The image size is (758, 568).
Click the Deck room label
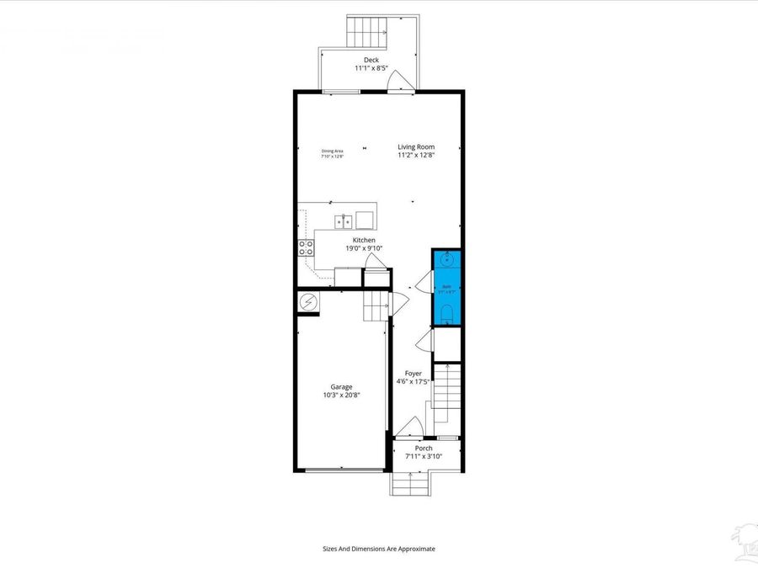(x=371, y=60)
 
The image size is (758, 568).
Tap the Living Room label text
(x=416, y=146)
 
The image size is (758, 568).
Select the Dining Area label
(x=333, y=151)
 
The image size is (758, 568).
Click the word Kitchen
(x=364, y=241)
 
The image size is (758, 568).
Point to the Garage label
(x=341, y=387)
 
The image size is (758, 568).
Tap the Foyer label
(x=413, y=374)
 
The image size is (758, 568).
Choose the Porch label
(x=423, y=449)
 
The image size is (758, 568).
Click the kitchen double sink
(x=344, y=221)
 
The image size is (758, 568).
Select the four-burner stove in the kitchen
(x=306, y=247)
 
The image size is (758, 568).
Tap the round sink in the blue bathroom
(x=446, y=260)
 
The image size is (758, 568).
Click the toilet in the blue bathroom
(x=446, y=315)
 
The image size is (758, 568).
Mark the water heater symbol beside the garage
(x=308, y=302)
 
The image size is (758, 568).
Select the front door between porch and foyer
(x=410, y=427)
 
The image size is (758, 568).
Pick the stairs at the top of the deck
(x=366, y=32)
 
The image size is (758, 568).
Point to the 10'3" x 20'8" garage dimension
(x=341, y=395)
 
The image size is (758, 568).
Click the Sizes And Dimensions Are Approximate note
(x=379, y=549)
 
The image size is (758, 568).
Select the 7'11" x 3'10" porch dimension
(x=423, y=457)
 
